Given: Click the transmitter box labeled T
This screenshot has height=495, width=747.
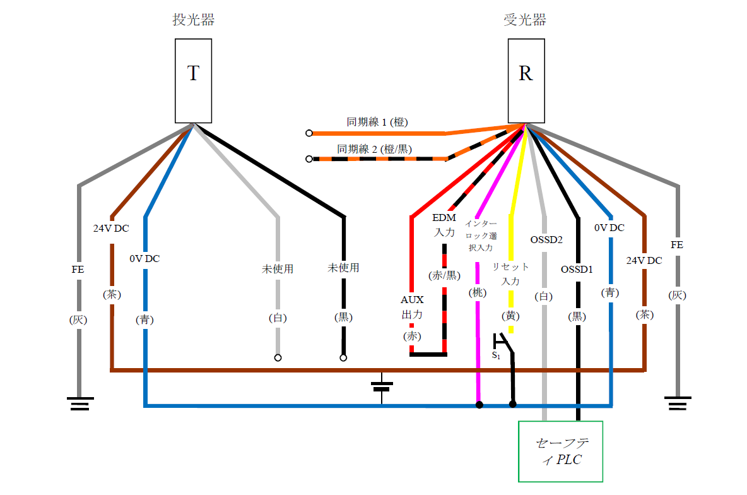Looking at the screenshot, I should (193, 80).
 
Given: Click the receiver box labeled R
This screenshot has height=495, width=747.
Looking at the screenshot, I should (526, 80).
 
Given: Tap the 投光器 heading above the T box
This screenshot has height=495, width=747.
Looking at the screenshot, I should (194, 20).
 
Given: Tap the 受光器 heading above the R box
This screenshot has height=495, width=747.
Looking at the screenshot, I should (525, 20).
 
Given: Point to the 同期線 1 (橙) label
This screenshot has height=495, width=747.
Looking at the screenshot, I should (377, 122).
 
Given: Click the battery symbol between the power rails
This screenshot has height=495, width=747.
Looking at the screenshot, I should (382, 386).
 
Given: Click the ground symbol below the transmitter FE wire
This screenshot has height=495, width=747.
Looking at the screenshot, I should (79, 403).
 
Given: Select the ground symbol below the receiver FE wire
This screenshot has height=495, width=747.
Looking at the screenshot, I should (678, 403).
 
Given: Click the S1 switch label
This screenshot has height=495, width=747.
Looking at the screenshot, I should (496, 355).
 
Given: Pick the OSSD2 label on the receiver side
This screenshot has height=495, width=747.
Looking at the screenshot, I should (546, 240).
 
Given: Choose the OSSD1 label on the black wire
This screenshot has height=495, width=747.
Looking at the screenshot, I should (577, 270).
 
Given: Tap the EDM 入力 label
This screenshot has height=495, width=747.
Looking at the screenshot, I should (444, 225).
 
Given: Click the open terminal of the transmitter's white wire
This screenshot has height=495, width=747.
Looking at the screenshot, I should (278, 358).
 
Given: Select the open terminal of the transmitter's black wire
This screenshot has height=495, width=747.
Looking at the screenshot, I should (343, 358).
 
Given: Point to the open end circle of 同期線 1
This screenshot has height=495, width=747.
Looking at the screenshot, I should (309, 133).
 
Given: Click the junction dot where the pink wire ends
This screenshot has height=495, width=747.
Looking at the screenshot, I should (479, 405).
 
